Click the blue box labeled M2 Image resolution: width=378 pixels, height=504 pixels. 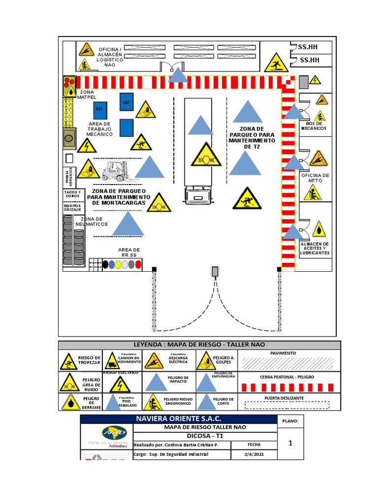(x=126, y=102)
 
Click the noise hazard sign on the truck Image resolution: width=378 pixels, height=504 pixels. (x=206, y=155)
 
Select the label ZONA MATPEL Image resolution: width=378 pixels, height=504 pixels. (x=87, y=94)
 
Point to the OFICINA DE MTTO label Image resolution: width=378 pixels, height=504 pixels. (x=315, y=178)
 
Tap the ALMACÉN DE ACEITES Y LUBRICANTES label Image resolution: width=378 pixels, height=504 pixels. (x=315, y=249)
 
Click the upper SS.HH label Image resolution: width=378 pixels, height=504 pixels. (x=309, y=47)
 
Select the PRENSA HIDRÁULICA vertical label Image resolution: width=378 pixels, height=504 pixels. (x=70, y=176)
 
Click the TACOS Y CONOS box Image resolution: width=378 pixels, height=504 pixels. (x=73, y=193)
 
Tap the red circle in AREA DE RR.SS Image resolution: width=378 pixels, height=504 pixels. (x=138, y=264)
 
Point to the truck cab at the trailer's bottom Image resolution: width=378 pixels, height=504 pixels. (x=198, y=196)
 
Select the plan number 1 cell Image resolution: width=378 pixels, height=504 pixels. (x=290, y=443)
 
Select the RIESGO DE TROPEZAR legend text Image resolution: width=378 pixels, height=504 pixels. (x=89, y=360)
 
